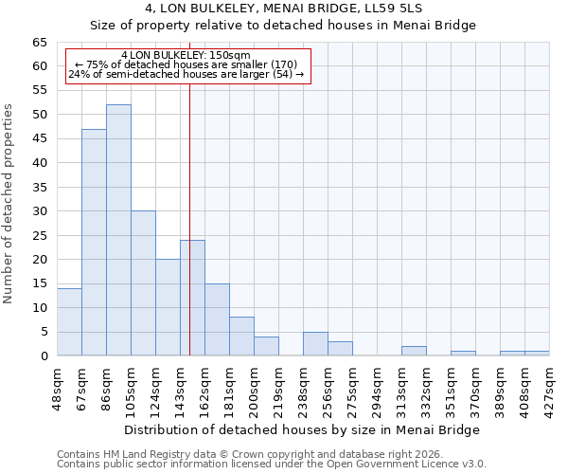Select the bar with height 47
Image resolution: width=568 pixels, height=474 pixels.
tap(94, 243)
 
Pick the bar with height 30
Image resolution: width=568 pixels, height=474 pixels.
tap(143, 283)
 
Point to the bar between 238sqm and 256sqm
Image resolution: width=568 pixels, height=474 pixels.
tap(315, 344)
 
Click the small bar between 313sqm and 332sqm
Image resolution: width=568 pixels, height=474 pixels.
tap(414, 351)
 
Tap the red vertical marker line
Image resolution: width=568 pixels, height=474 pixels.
tap(190, 190)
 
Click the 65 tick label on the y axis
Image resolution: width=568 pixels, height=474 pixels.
tap(39, 43)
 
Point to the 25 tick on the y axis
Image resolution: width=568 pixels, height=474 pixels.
tap(39, 236)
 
